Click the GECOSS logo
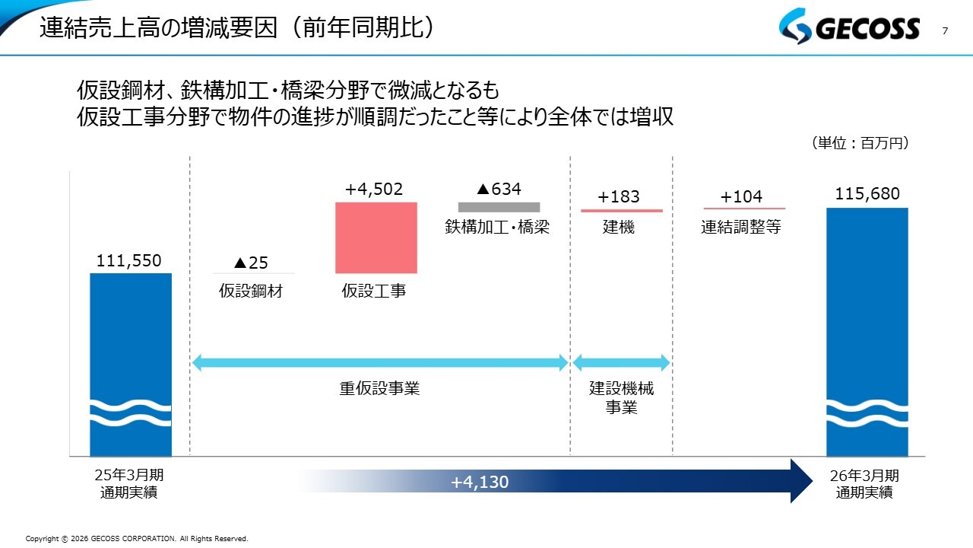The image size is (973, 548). tap(849, 26)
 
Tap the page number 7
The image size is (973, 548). tap(945, 31)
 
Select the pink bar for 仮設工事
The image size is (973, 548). tap(376, 238)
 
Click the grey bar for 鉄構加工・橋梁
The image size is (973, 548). tap(499, 207)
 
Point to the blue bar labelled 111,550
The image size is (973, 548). tap(131, 365)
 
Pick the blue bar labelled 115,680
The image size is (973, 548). tap(867, 332)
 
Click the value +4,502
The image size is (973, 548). tap(374, 190)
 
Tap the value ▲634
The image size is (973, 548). tap(499, 189)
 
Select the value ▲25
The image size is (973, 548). tap(251, 263)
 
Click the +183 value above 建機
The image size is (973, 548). tap(619, 196)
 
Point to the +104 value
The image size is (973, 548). tap(741, 196)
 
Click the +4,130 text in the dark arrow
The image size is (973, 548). tap(480, 482)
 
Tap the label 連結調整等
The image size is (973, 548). tap(741, 227)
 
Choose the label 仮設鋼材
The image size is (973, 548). tap(251, 291)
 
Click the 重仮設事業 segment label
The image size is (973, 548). tap(379, 388)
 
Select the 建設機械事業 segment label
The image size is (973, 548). tap(621, 397)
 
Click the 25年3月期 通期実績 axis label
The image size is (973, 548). tap(129, 483)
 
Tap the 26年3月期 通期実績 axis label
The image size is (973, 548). tap(864, 484)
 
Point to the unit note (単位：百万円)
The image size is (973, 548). tap(860, 142)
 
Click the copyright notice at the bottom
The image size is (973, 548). tap(137, 539)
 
